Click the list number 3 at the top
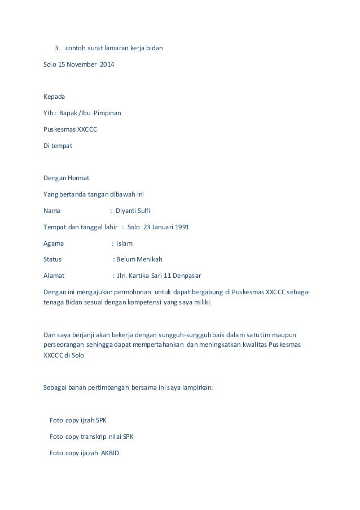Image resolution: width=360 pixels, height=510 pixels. point(56,48)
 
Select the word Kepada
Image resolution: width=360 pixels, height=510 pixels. point(55,97)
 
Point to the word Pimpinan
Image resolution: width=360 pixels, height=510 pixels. point(107,113)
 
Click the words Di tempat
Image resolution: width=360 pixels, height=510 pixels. point(58,146)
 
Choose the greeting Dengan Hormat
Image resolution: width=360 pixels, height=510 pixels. point(63,178)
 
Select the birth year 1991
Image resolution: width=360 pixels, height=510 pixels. point(181,228)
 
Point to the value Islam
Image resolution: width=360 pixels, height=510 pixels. point(124,243)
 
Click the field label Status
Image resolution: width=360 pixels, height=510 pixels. point(53,260)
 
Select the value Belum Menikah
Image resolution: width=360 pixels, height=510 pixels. point(139,260)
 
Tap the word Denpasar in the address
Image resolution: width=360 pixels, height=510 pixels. point(185,276)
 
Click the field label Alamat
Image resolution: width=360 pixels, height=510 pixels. point(54,276)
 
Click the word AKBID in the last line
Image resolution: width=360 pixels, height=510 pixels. point(110,453)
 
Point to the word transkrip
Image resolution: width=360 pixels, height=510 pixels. point(95,437)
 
